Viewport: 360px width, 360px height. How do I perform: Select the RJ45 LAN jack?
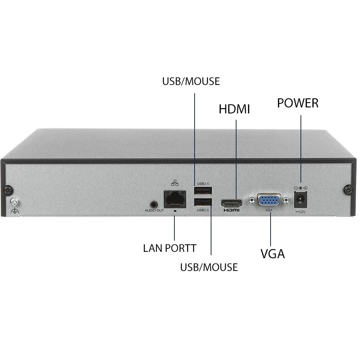click(175, 199)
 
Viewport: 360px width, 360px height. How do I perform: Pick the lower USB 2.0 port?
click(203, 202)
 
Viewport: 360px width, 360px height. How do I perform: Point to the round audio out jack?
click(154, 204)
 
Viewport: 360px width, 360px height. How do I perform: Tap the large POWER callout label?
click(298, 103)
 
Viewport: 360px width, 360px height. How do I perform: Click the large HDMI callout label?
click(234, 109)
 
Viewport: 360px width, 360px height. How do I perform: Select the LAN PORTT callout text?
click(170, 248)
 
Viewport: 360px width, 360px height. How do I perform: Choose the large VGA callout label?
click(272, 254)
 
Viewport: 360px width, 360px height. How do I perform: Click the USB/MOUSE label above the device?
click(191, 81)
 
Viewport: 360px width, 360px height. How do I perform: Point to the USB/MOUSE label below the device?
click(209, 267)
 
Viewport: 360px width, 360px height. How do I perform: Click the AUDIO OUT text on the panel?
click(154, 210)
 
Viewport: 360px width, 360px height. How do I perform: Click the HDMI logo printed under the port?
click(231, 210)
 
